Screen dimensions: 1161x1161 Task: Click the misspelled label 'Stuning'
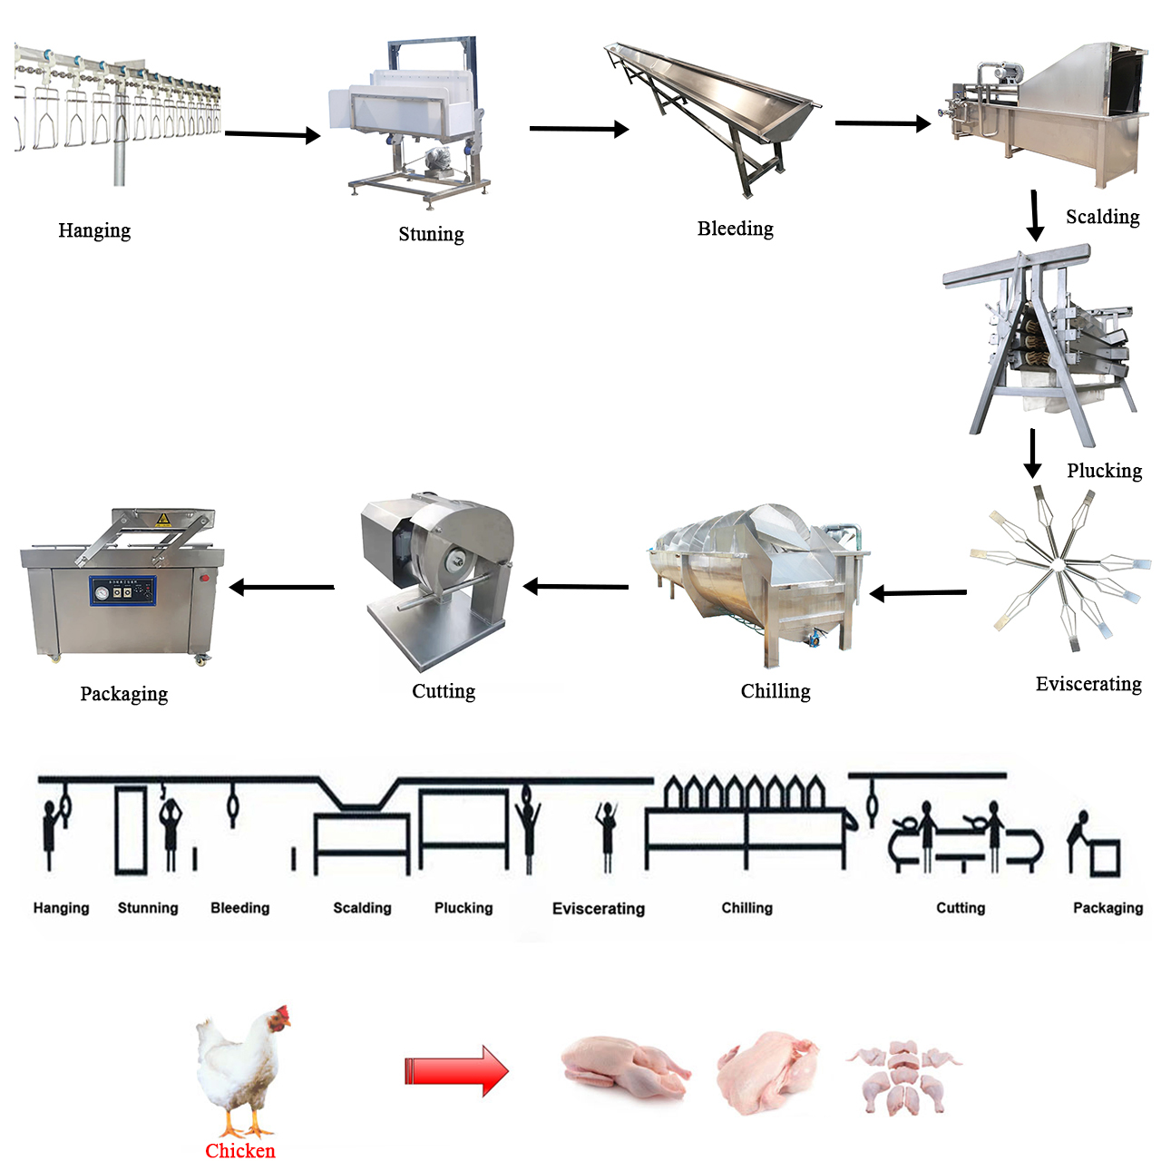click(x=431, y=234)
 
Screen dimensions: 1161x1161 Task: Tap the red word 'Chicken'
click(x=239, y=1150)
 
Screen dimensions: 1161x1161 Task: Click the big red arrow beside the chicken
click(x=456, y=1071)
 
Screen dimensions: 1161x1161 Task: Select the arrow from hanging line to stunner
click(x=272, y=134)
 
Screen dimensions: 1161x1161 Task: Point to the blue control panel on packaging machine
click(x=123, y=590)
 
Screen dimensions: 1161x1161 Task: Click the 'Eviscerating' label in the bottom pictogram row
click(x=599, y=908)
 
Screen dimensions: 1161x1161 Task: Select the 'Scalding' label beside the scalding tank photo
click(x=1103, y=217)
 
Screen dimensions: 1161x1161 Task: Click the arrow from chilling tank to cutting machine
click(x=575, y=586)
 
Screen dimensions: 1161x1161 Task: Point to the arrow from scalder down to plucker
click(x=1035, y=216)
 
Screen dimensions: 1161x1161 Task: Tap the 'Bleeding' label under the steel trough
click(x=735, y=229)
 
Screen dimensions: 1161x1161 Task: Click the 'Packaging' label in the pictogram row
click(x=1107, y=908)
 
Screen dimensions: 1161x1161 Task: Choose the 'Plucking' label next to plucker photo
click(x=1105, y=471)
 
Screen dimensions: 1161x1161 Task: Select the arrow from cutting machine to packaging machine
click(x=282, y=587)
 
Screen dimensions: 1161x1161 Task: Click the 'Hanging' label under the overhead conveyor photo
click(x=94, y=230)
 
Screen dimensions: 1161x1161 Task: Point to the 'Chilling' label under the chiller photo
click(x=776, y=691)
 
